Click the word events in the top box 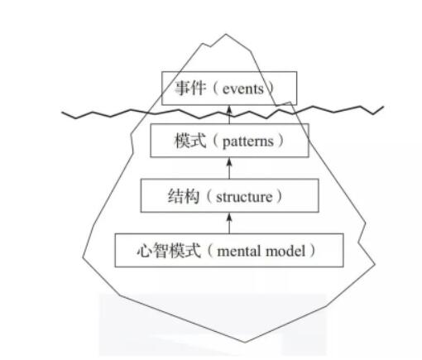tap(242, 89)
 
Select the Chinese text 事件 tap(190, 89)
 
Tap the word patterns tap(247, 142)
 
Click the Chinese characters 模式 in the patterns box tap(190, 141)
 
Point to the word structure tap(244, 197)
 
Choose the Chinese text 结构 tap(184, 196)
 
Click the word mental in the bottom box tap(239, 251)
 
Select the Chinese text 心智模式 tap(169, 251)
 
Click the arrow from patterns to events tap(229, 114)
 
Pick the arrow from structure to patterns tap(229, 168)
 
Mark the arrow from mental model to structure tap(229, 223)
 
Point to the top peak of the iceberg tap(226, 34)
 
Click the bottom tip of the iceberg tap(245, 343)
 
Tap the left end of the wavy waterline tap(62, 113)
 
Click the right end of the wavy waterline tap(383, 107)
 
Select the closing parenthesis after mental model tap(313, 251)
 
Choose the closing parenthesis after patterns tap(281, 141)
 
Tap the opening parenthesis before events tap(216, 89)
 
